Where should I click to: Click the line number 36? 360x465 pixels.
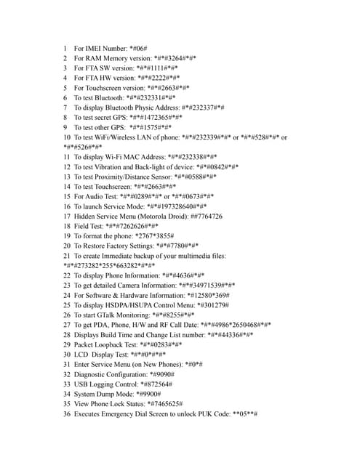click(66, 414)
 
